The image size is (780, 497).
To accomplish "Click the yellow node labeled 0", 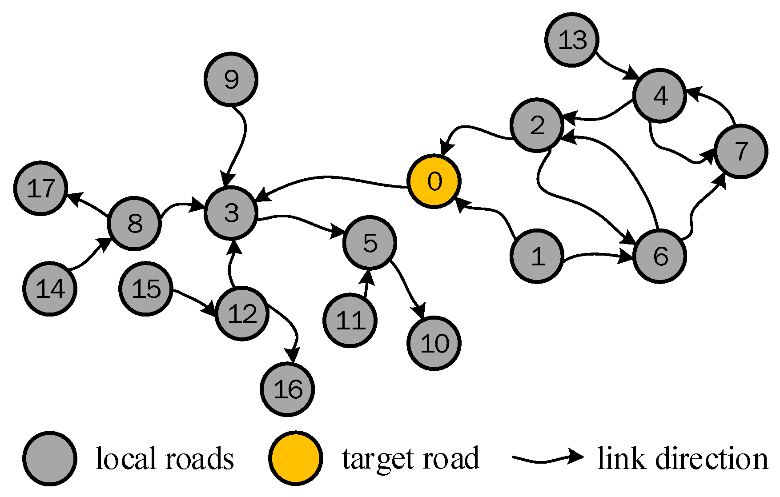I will pos(434,181).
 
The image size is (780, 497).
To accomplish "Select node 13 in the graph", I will pos(571,40).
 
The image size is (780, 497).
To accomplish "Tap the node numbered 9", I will pos(231,79).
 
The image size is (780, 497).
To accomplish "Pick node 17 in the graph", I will pos(40,188).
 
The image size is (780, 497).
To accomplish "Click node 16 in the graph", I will pos(287,389).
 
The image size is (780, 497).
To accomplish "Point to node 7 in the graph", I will pos(740,152).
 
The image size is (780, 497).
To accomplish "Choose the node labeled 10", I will pos(434,343).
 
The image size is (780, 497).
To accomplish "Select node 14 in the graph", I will pos(50,289).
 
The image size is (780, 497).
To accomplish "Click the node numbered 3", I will pos(231,212).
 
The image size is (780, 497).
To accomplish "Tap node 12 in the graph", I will pos(242,314).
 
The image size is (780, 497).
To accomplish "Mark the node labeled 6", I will pos(659,256).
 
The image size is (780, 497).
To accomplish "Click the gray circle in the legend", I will pos(49,458).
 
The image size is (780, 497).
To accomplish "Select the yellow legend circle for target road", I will pos(295,458).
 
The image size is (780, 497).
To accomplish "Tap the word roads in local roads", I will pos(199,459).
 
